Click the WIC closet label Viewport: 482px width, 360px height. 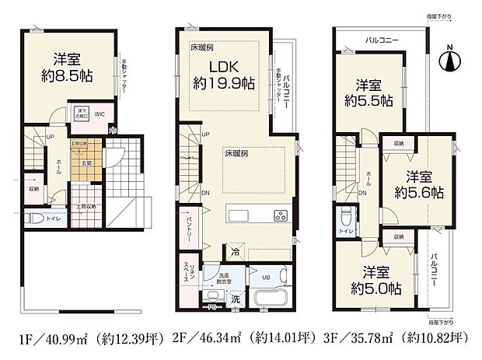[x=100, y=115]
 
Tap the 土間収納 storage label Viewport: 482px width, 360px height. [x=86, y=206]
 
